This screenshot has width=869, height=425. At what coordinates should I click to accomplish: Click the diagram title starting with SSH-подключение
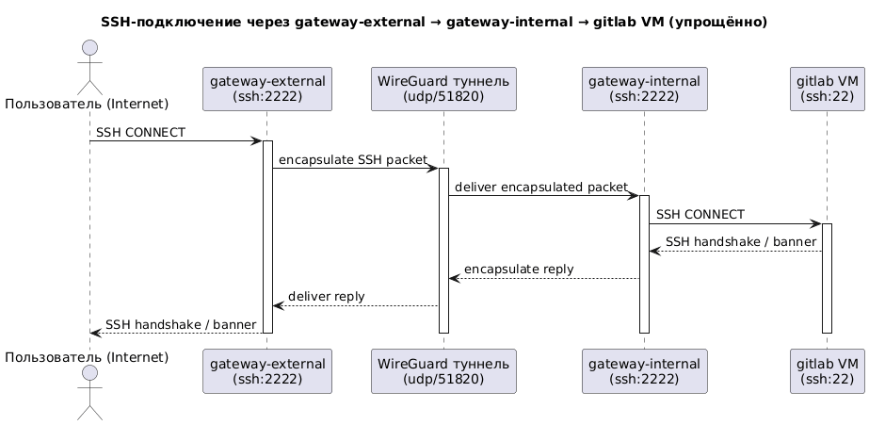coord(433,21)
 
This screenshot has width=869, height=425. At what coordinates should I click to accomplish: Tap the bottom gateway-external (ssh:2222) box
coord(267,370)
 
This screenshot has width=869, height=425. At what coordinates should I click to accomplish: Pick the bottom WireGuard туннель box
coord(443,370)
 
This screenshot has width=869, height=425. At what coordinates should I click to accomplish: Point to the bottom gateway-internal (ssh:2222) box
coord(644,370)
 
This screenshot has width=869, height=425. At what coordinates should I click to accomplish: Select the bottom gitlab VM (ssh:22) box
coord(827,370)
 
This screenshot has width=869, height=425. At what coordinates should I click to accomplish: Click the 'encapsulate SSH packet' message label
coord(353,160)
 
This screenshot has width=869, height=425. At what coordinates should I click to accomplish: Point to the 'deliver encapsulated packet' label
coord(540,188)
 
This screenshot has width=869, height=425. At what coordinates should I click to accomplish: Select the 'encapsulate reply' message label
coord(519,269)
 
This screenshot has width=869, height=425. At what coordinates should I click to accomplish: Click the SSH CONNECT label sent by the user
coord(140,133)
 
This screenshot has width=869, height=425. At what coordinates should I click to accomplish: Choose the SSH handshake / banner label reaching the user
coord(181,323)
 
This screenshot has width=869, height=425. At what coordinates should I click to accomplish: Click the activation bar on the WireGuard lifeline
coord(443,250)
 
